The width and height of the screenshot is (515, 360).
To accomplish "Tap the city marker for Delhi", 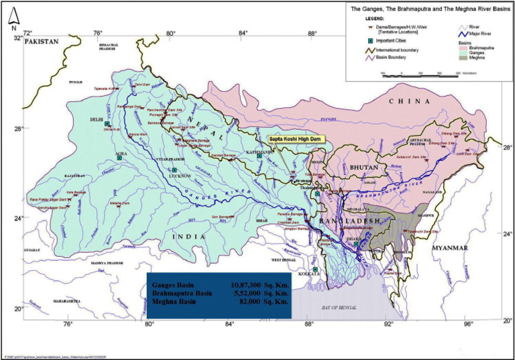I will point(107,124).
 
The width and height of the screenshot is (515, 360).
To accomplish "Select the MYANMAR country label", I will point(449,247).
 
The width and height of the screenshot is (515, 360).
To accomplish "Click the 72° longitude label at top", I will point(27,33).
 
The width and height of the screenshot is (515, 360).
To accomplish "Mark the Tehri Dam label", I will point(143,85).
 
